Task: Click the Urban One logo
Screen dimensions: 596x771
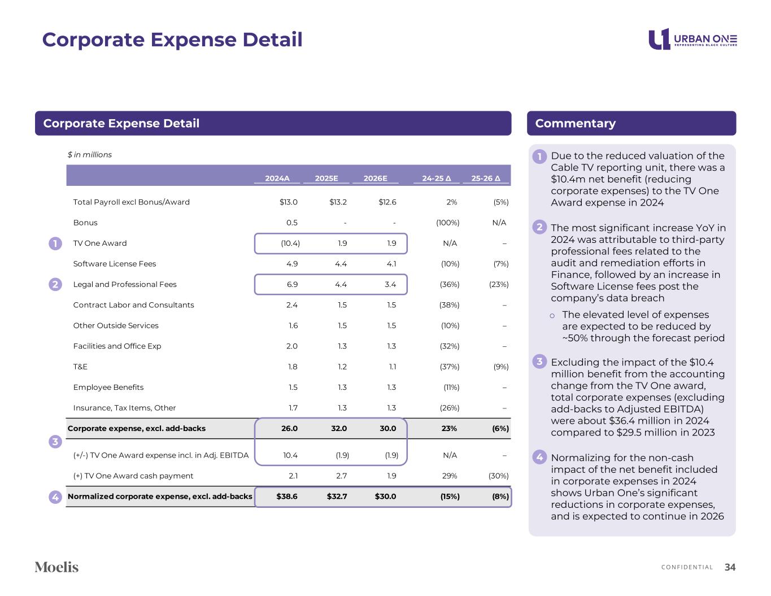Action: point(692,40)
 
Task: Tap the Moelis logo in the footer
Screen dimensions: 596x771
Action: point(56,567)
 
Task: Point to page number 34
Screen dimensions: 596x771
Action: point(730,567)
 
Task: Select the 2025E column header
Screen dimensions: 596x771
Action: point(326,179)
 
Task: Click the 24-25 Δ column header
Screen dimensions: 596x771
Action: point(436,179)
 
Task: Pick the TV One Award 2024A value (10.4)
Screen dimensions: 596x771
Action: point(290,243)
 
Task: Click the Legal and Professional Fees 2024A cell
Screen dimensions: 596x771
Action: point(292,285)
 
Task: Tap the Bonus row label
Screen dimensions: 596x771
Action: point(85,223)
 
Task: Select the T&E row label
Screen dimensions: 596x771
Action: point(80,367)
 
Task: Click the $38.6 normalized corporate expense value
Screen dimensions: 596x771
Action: point(287,497)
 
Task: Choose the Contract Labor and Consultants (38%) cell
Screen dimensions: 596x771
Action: point(449,305)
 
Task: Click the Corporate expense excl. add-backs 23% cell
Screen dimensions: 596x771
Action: point(449,428)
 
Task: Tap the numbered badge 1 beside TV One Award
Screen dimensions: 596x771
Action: point(55,243)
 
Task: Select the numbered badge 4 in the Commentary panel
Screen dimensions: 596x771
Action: point(539,457)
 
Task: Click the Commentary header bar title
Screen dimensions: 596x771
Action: point(575,123)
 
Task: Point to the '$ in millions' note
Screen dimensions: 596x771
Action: point(90,155)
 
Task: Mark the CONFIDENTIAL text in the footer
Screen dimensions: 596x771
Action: point(687,567)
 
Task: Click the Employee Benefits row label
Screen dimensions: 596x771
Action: point(108,388)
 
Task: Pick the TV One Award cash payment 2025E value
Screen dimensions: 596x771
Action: point(341,476)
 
